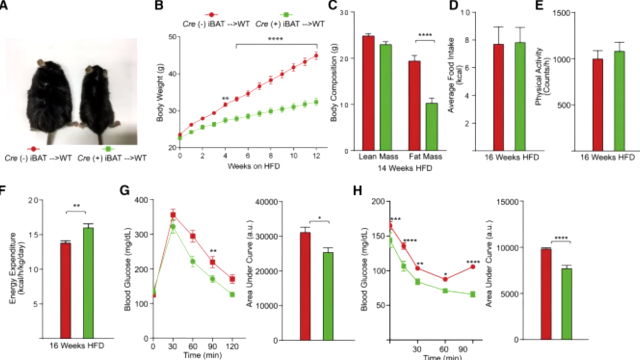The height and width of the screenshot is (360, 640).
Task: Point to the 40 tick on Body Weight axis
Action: pyautogui.click(x=173, y=75)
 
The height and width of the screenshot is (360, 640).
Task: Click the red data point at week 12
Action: pyautogui.click(x=316, y=56)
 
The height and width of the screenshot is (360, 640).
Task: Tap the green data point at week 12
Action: pyautogui.click(x=316, y=102)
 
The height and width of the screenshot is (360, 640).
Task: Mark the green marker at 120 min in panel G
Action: pyautogui.click(x=232, y=294)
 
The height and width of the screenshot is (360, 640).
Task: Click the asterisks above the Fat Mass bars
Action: pyautogui.click(x=425, y=36)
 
